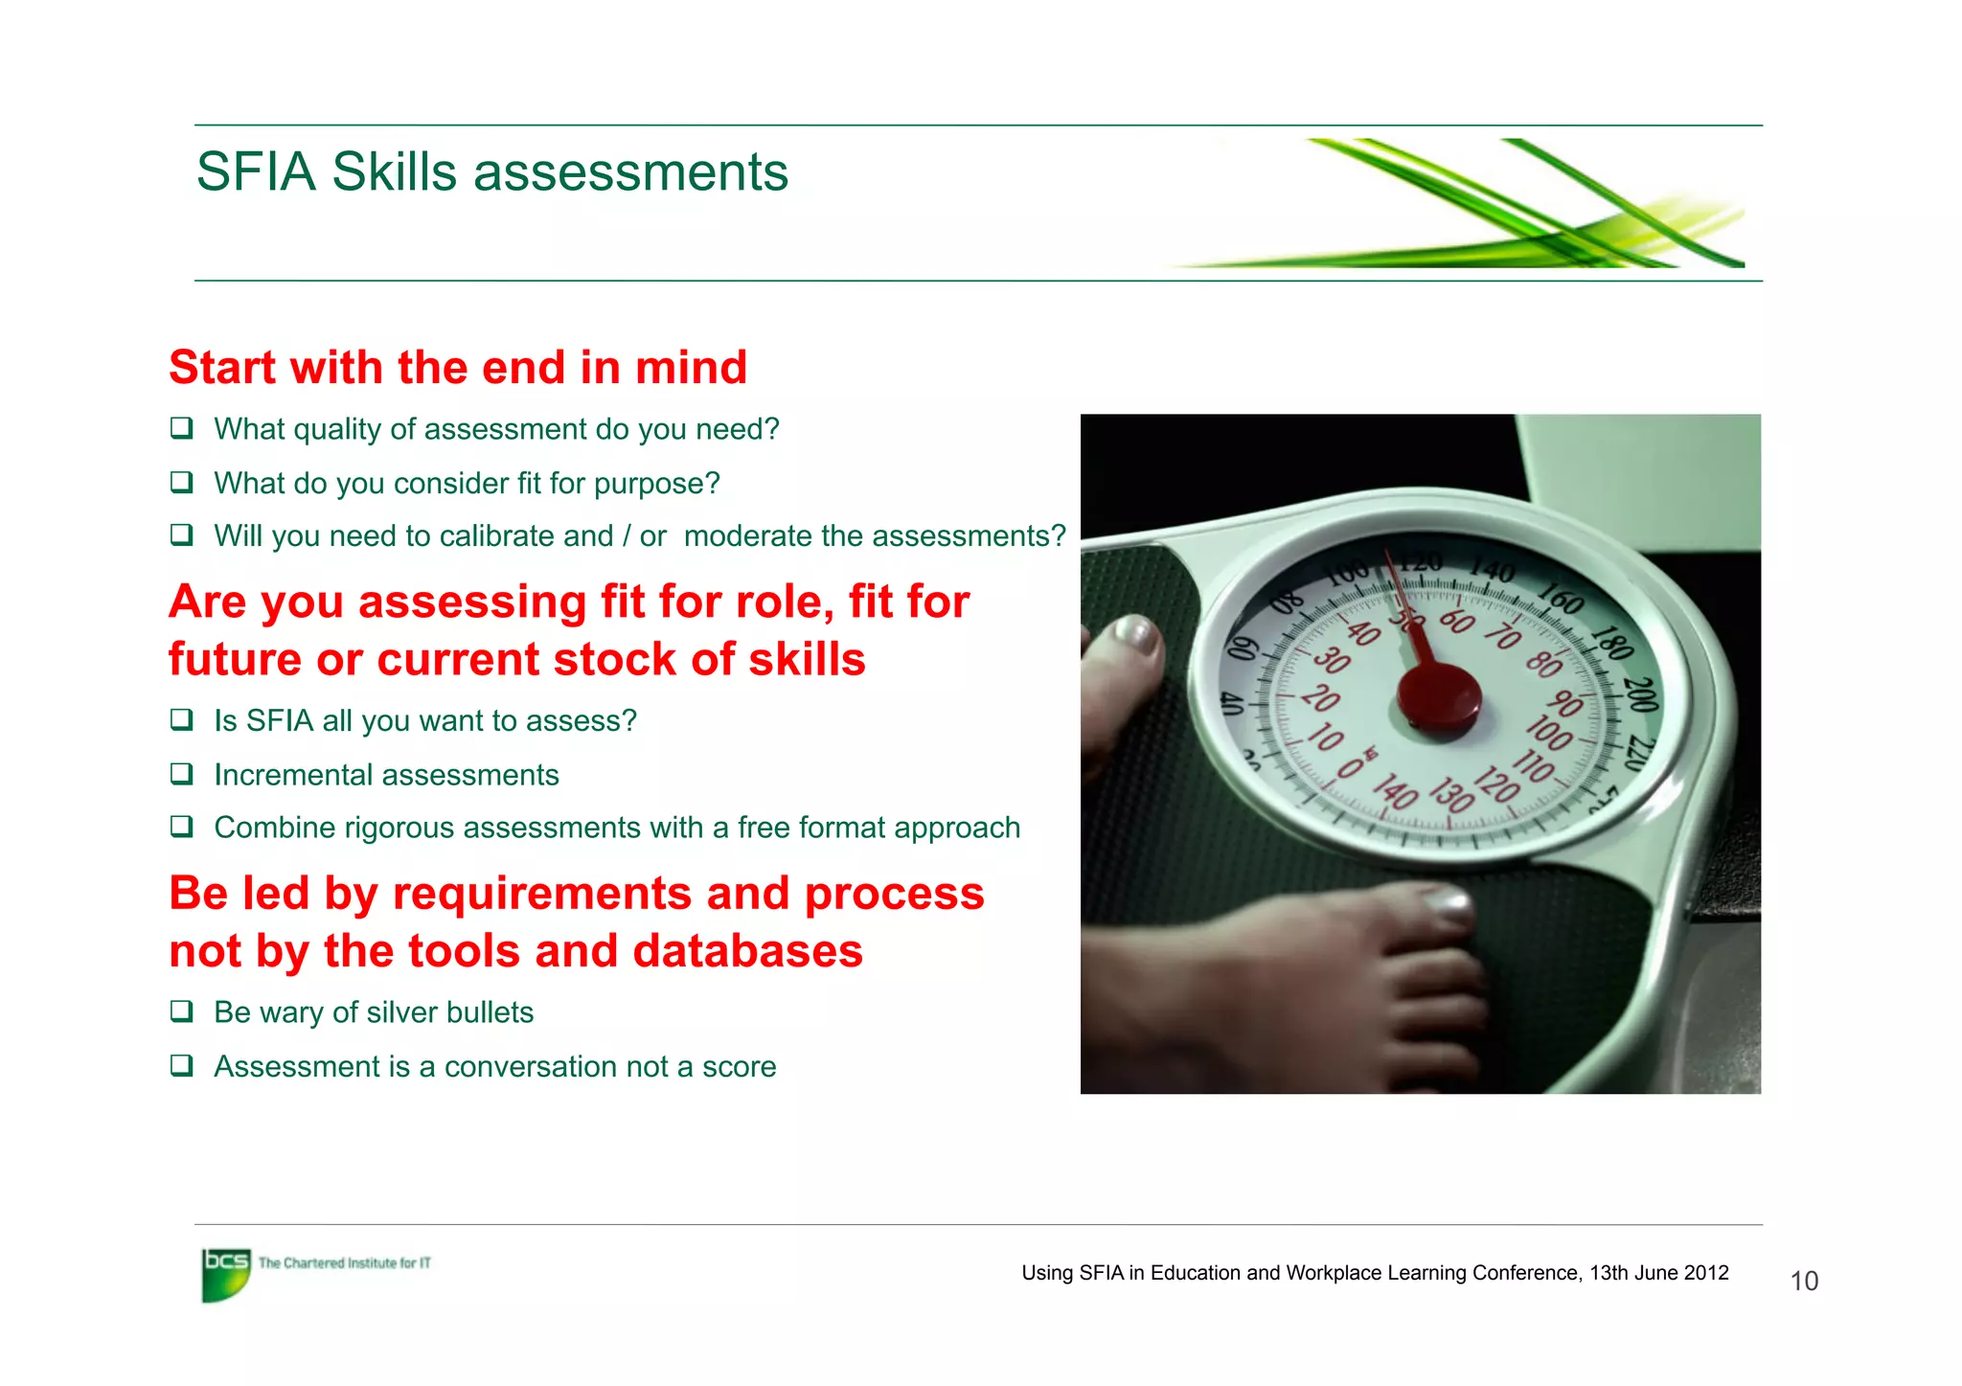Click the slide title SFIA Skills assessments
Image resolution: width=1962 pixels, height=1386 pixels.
pos(491,172)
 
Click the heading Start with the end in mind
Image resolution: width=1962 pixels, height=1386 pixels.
pos(458,368)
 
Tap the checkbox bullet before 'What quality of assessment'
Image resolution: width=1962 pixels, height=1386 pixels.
pos(181,428)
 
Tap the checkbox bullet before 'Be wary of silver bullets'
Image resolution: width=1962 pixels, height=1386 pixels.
pos(181,1011)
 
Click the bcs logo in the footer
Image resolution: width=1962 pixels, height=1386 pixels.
pos(226,1274)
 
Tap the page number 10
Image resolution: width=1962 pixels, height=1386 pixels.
pos(1804,1282)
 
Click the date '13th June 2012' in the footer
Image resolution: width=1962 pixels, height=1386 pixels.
pos(1659,1273)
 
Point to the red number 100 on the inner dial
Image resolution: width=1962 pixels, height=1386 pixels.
pos(1548,733)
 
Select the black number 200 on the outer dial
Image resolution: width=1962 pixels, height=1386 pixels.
pos(1640,693)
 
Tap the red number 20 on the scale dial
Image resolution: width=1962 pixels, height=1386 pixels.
pos(1321,698)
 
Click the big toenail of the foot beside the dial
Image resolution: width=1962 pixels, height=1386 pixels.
pos(1133,635)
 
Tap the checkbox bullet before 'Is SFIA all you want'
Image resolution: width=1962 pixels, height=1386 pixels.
pos(181,719)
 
